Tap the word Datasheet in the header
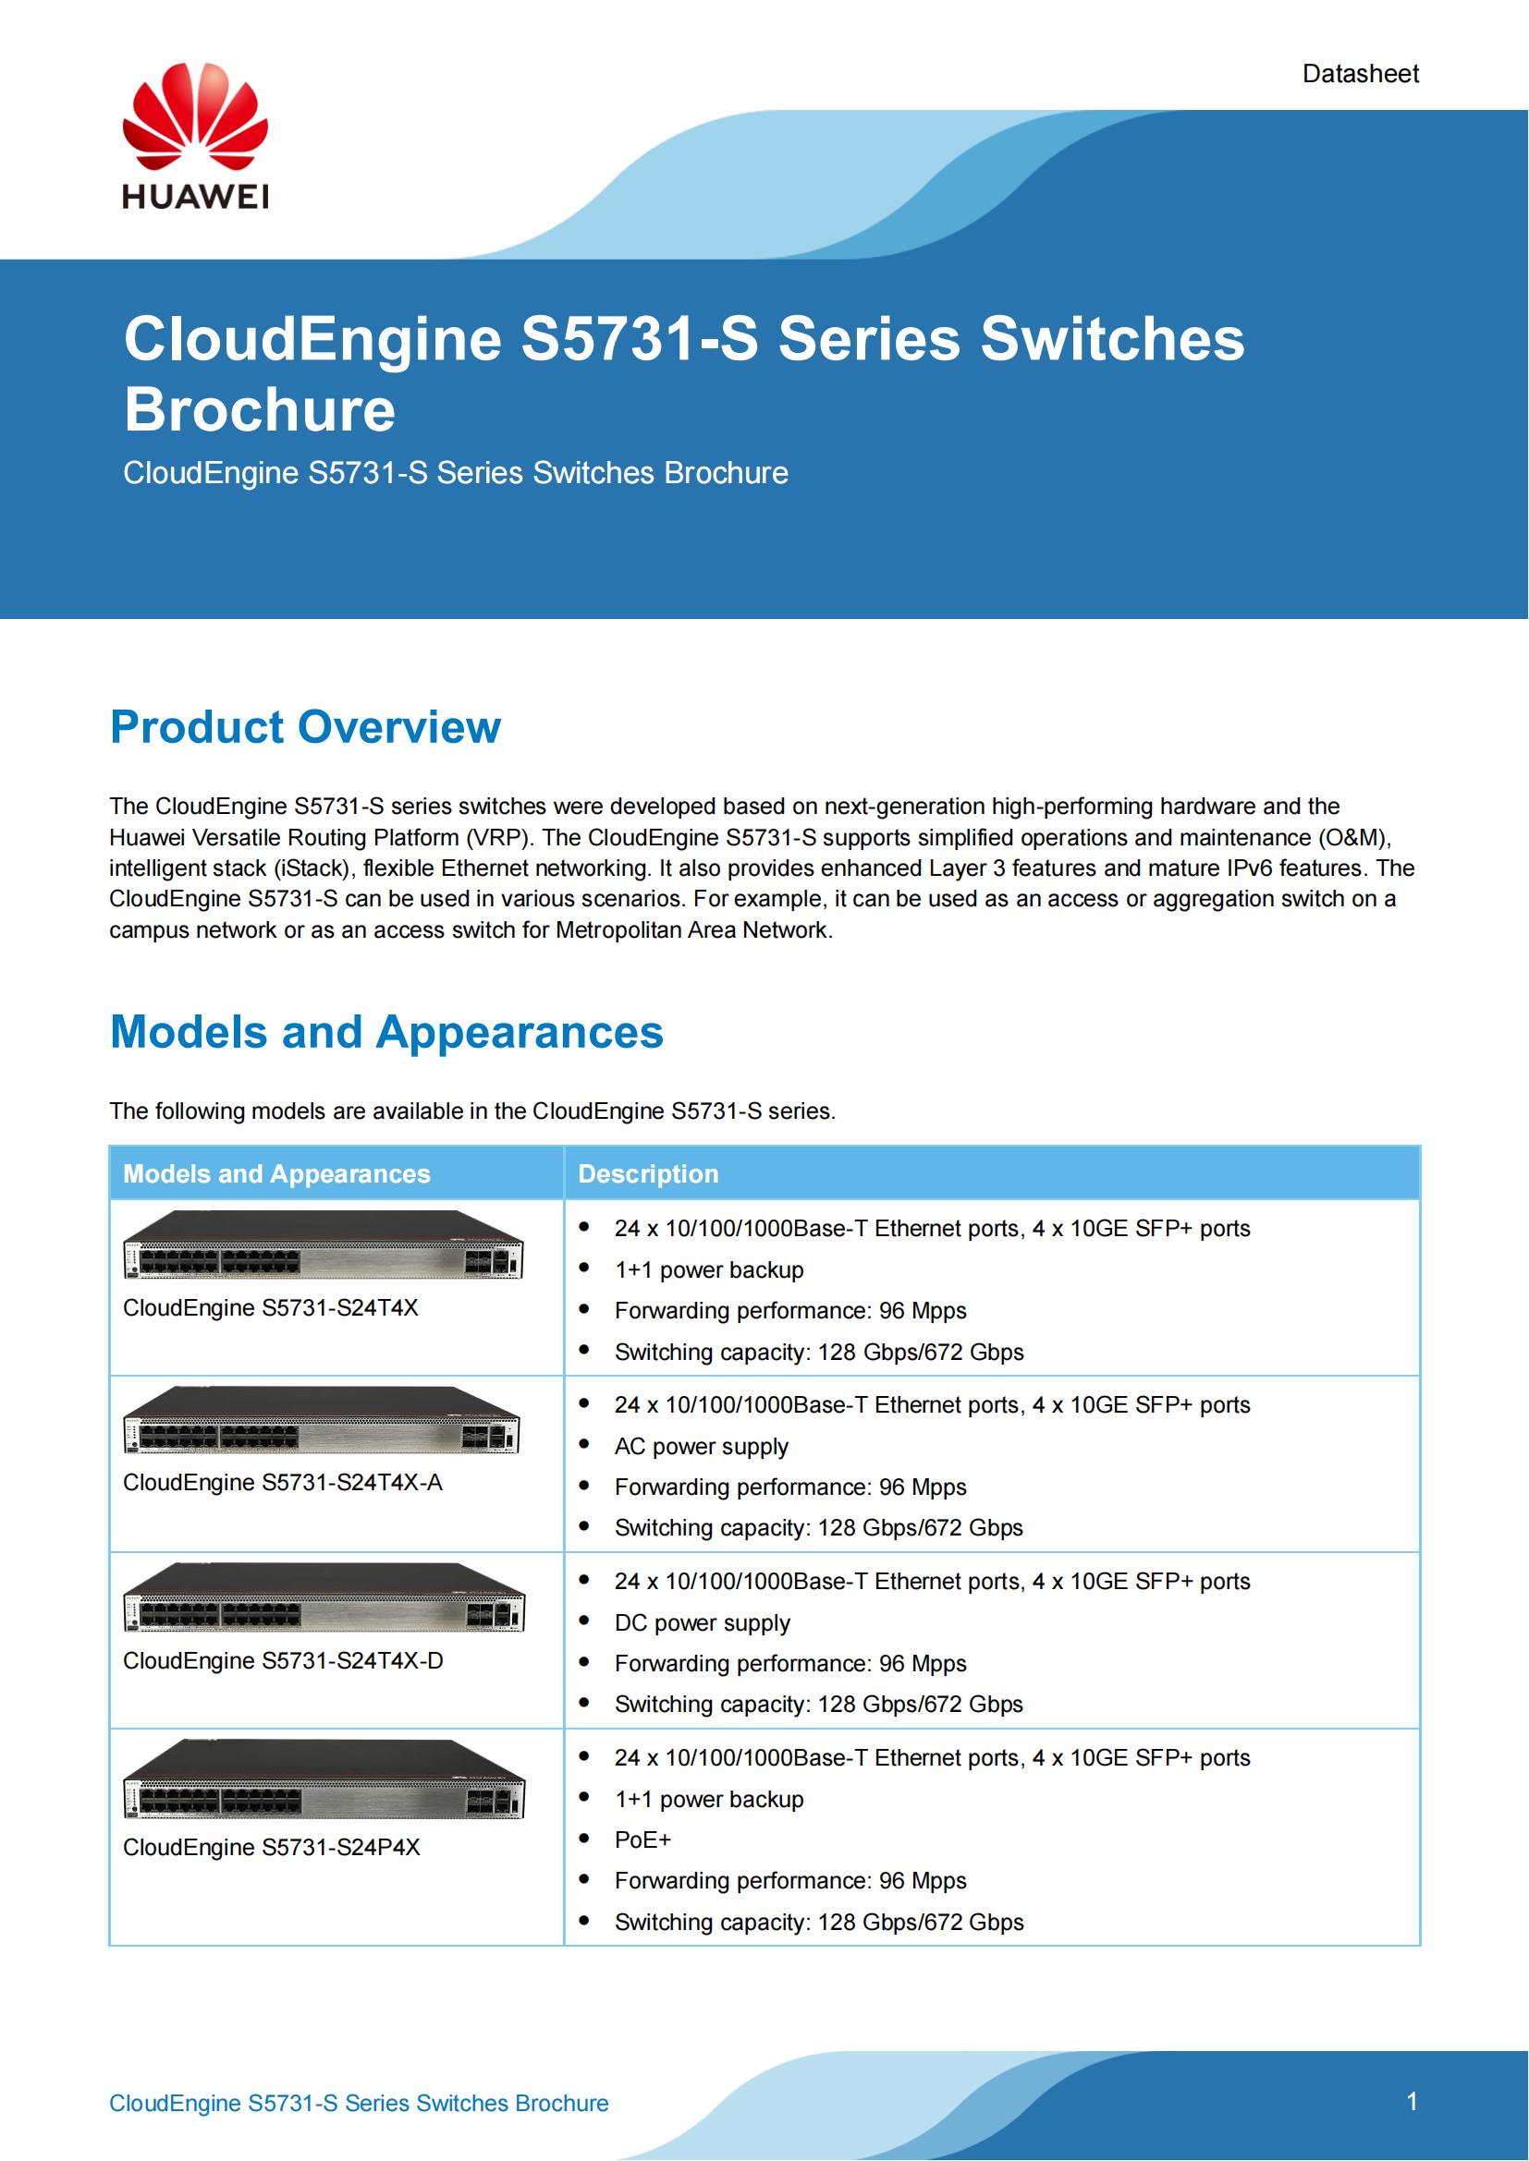[x=1360, y=73]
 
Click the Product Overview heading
[x=305, y=726]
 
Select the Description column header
[x=648, y=1173]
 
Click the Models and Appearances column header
[x=276, y=1173]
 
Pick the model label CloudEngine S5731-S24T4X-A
[x=283, y=1482]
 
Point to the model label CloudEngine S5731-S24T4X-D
[x=283, y=1660]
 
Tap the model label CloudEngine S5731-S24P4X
[x=271, y=1847]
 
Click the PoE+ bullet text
[x=643, y=1839]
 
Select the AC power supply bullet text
[x=702, y=1446]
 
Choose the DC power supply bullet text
[x=703, y=1622]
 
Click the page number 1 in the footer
[x=1412, y=2101]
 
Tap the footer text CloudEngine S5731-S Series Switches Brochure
[x=359, y=2103]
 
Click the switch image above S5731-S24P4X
[x=323, y=1779]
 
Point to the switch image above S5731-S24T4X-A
[x=322, y=1420]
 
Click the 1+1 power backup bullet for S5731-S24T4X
[x=709, y=1269]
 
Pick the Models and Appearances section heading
[x=386, y=1032]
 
